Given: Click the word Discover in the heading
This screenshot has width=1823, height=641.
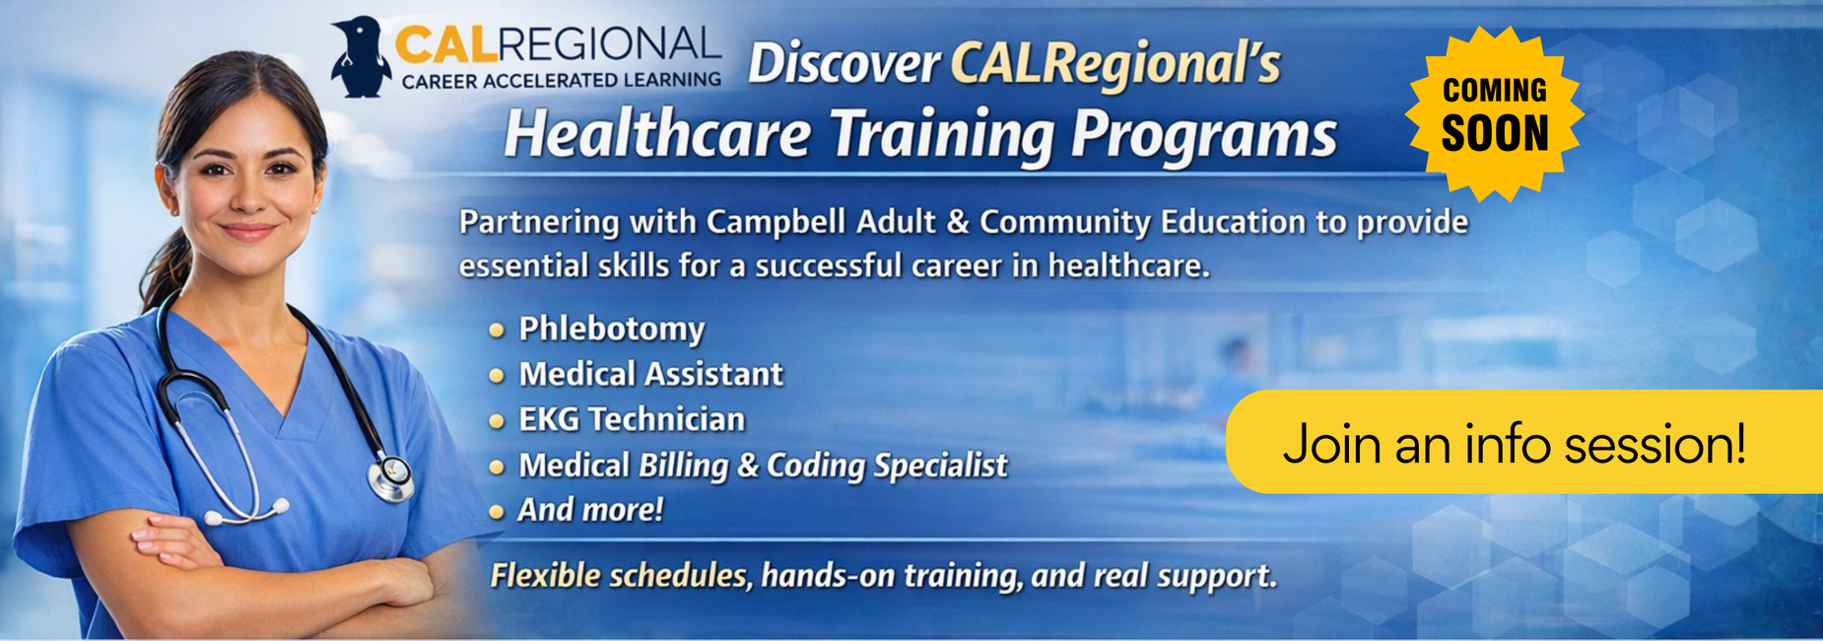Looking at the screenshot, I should coord(844,64).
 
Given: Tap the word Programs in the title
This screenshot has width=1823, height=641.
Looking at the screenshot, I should coord(1203,135).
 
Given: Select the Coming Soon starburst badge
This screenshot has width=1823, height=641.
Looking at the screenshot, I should coord(1494,114).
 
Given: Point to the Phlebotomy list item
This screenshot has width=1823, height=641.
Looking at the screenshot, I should coord(611,328).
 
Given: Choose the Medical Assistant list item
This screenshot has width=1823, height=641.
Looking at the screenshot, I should coord(650,374).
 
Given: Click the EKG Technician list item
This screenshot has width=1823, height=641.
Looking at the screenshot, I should coord(632,419).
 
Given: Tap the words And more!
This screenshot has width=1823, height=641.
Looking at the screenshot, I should coord(590,510).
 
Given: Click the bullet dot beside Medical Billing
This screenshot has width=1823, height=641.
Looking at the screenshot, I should coord(497,466).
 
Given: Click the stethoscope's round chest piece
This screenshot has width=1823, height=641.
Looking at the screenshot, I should coord(390,477).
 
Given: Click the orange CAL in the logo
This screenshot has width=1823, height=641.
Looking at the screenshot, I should coord(444,44).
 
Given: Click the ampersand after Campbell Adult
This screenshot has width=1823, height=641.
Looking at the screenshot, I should coord(958,222).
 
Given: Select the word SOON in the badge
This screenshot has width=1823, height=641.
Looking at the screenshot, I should coord(1495,134).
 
